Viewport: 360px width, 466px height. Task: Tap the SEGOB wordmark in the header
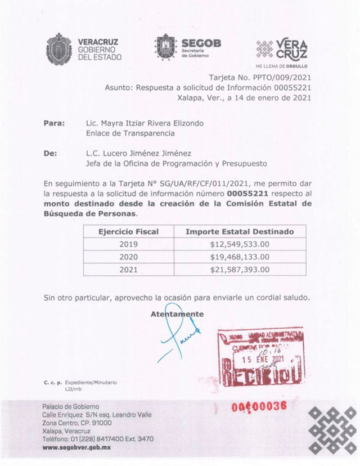click(201, 43)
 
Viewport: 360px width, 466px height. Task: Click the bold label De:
click(51, 153)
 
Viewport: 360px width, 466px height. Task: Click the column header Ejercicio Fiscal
click(129, 231)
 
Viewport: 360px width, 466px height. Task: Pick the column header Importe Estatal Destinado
click(240, 231)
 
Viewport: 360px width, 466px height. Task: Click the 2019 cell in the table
click(129, 244)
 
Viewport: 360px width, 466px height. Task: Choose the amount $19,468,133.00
click(240, 257)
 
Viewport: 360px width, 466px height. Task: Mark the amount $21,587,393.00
click(240, 270)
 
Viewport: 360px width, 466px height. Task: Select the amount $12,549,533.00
click(240, 244)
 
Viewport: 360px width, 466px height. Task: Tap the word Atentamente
click(177, 314)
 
